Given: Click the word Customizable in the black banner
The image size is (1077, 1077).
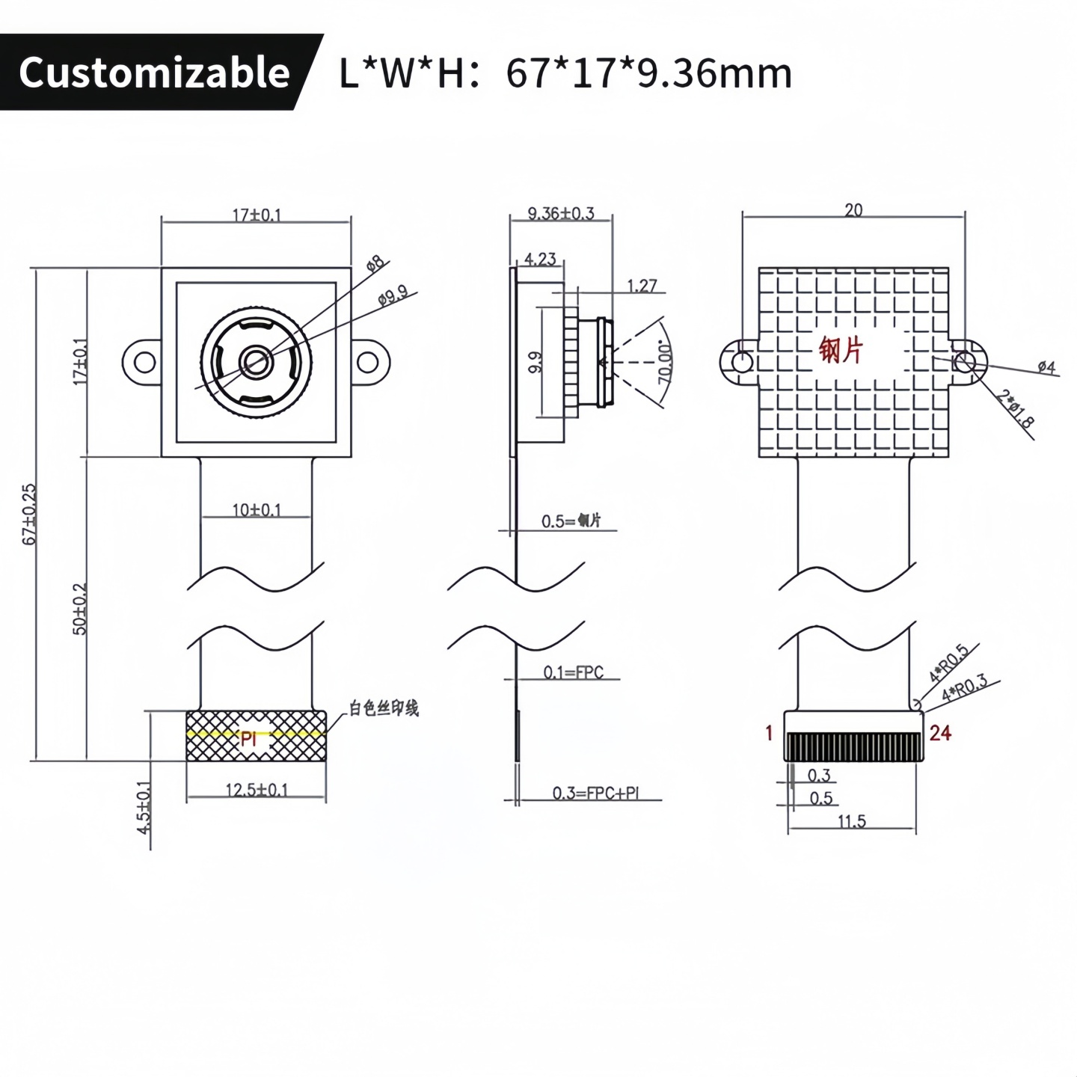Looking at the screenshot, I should pos(154,73).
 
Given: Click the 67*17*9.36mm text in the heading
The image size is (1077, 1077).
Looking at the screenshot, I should pos(648,73).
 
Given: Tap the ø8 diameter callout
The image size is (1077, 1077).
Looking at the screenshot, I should pos(375,263).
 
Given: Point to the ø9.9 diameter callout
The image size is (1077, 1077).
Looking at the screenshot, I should pos(393,295).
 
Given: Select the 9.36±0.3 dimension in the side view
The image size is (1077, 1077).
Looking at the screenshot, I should pos(561,213).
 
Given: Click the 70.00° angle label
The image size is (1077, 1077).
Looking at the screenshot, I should pos(665,363).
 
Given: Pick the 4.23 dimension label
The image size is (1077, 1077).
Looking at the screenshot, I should pos(540,259).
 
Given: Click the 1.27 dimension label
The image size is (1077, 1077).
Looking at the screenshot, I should pos(642,285).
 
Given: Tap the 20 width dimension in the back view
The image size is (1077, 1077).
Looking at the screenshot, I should pos(853,210).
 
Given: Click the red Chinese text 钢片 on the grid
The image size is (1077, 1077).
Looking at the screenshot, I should pos(841,349).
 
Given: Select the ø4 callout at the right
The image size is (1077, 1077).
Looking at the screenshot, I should pos(1046,366).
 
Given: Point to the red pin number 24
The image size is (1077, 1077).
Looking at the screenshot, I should pos(940,733).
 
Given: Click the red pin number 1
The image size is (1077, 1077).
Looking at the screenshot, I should pos(769,733).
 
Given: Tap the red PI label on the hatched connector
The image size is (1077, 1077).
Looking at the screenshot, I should pos(248,739).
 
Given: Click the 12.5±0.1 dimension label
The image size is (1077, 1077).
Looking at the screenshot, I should pos(257,789).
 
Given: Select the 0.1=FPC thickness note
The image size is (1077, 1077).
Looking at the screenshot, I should pos(573,672).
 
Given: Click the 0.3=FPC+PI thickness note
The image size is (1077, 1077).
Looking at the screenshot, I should pos(596,793).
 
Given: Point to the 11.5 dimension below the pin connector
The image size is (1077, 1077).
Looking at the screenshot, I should pos(851,821).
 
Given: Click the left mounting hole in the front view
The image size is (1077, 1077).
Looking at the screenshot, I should pos(144,363).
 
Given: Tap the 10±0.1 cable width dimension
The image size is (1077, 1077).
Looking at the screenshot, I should pos(257,510).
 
